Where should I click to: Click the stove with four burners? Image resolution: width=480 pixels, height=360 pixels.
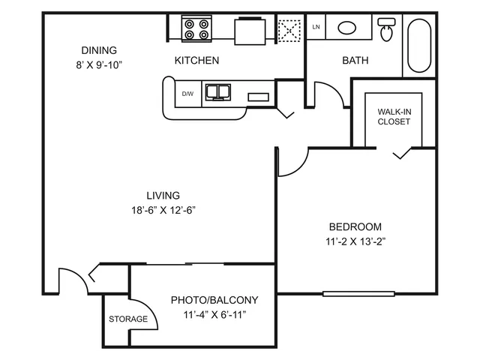(196, 28)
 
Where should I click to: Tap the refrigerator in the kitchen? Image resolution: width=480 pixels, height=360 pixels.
(250, 31)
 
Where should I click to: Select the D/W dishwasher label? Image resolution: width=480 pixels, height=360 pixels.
(187, 94)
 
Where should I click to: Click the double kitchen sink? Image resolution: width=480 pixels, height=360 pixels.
(218, 92)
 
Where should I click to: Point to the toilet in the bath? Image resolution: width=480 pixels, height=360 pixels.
(386, 29)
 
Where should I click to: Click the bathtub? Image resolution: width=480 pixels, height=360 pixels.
(419, 46)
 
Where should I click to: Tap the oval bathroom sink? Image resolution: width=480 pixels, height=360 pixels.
(346, 28)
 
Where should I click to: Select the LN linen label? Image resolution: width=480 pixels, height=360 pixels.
(316, 27)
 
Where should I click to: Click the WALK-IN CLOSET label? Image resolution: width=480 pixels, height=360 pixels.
(394, 117)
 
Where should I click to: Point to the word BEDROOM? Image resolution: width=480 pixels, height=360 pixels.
(355, 226)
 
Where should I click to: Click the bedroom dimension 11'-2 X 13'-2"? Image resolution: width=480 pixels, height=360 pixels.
(355, 241)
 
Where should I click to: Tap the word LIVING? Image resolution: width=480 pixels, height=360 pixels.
(163, 195)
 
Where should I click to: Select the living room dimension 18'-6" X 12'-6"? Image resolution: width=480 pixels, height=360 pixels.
(163, 210)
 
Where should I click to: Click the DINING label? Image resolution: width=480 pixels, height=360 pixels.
(99, 50)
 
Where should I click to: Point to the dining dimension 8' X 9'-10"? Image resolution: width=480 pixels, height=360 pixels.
(99, 65)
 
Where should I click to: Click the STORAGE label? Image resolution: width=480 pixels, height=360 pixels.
(128, 319)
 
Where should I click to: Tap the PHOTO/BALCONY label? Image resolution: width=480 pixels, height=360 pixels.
(214, 300)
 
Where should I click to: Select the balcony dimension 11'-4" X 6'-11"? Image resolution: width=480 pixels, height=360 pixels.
(214, 315)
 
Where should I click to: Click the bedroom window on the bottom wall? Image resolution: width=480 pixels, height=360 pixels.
(358, 294)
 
